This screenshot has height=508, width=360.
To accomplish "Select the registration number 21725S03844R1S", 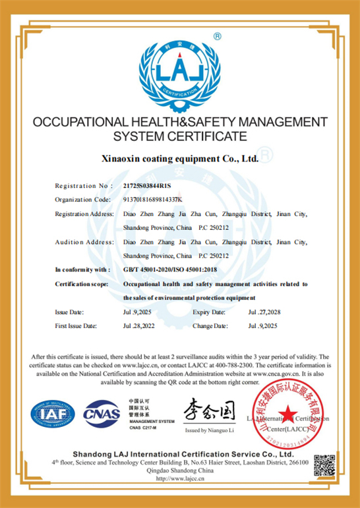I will [152, 186].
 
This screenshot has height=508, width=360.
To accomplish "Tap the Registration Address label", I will [85, 214].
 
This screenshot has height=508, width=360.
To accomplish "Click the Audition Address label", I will [85, 242].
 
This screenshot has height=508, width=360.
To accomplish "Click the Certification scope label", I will [82, 284].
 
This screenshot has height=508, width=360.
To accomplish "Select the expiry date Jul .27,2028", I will [264, 312].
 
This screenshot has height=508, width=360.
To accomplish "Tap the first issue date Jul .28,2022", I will [140, 326].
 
